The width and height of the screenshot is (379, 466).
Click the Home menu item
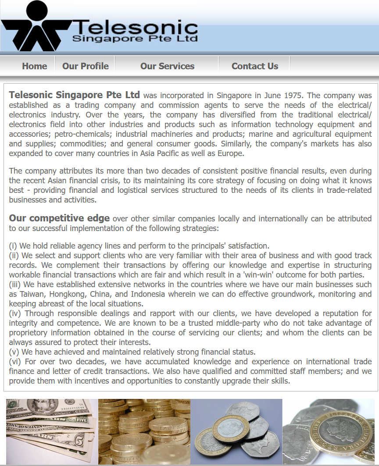point(34,66)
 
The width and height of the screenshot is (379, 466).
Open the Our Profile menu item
point(85,66)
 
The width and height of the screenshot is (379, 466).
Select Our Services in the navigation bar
point(167,66)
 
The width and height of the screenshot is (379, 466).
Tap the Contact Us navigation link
point(254,66)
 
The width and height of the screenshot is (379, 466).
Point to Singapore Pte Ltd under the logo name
point(135,39)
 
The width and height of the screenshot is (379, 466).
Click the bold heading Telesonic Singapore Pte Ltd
point(75,95)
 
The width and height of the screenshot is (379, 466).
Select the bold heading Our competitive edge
point(59,218)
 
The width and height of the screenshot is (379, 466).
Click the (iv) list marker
point(15,313)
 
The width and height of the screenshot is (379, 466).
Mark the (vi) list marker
point(15,362)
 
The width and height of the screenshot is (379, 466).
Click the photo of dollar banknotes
point(52,431)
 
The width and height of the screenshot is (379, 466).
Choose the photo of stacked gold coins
point(144,431)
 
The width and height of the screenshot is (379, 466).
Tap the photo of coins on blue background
point(236,431)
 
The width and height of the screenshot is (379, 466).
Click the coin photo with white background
point(329,431)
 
